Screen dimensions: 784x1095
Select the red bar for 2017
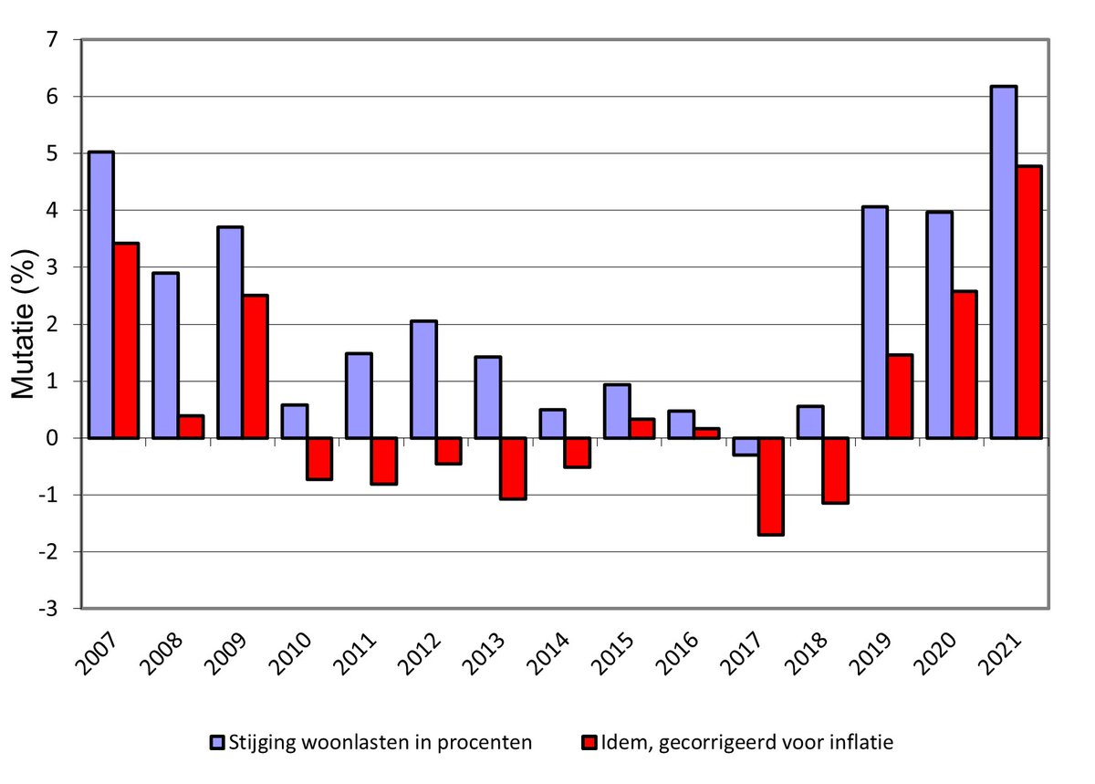[x=771, y=486]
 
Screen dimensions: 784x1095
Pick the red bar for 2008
[x=191, y=427]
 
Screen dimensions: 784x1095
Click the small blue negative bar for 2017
[x=746, y=446]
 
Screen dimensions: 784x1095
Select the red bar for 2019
[x=899, y=396]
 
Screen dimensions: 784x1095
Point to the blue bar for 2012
[x=423, y=380]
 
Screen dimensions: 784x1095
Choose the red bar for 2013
[x=513, y=468]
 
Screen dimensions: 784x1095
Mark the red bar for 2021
[x=1029, y=302]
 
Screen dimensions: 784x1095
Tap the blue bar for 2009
[x=230, y=332]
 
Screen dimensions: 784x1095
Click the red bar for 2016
[x=706, y=434]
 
